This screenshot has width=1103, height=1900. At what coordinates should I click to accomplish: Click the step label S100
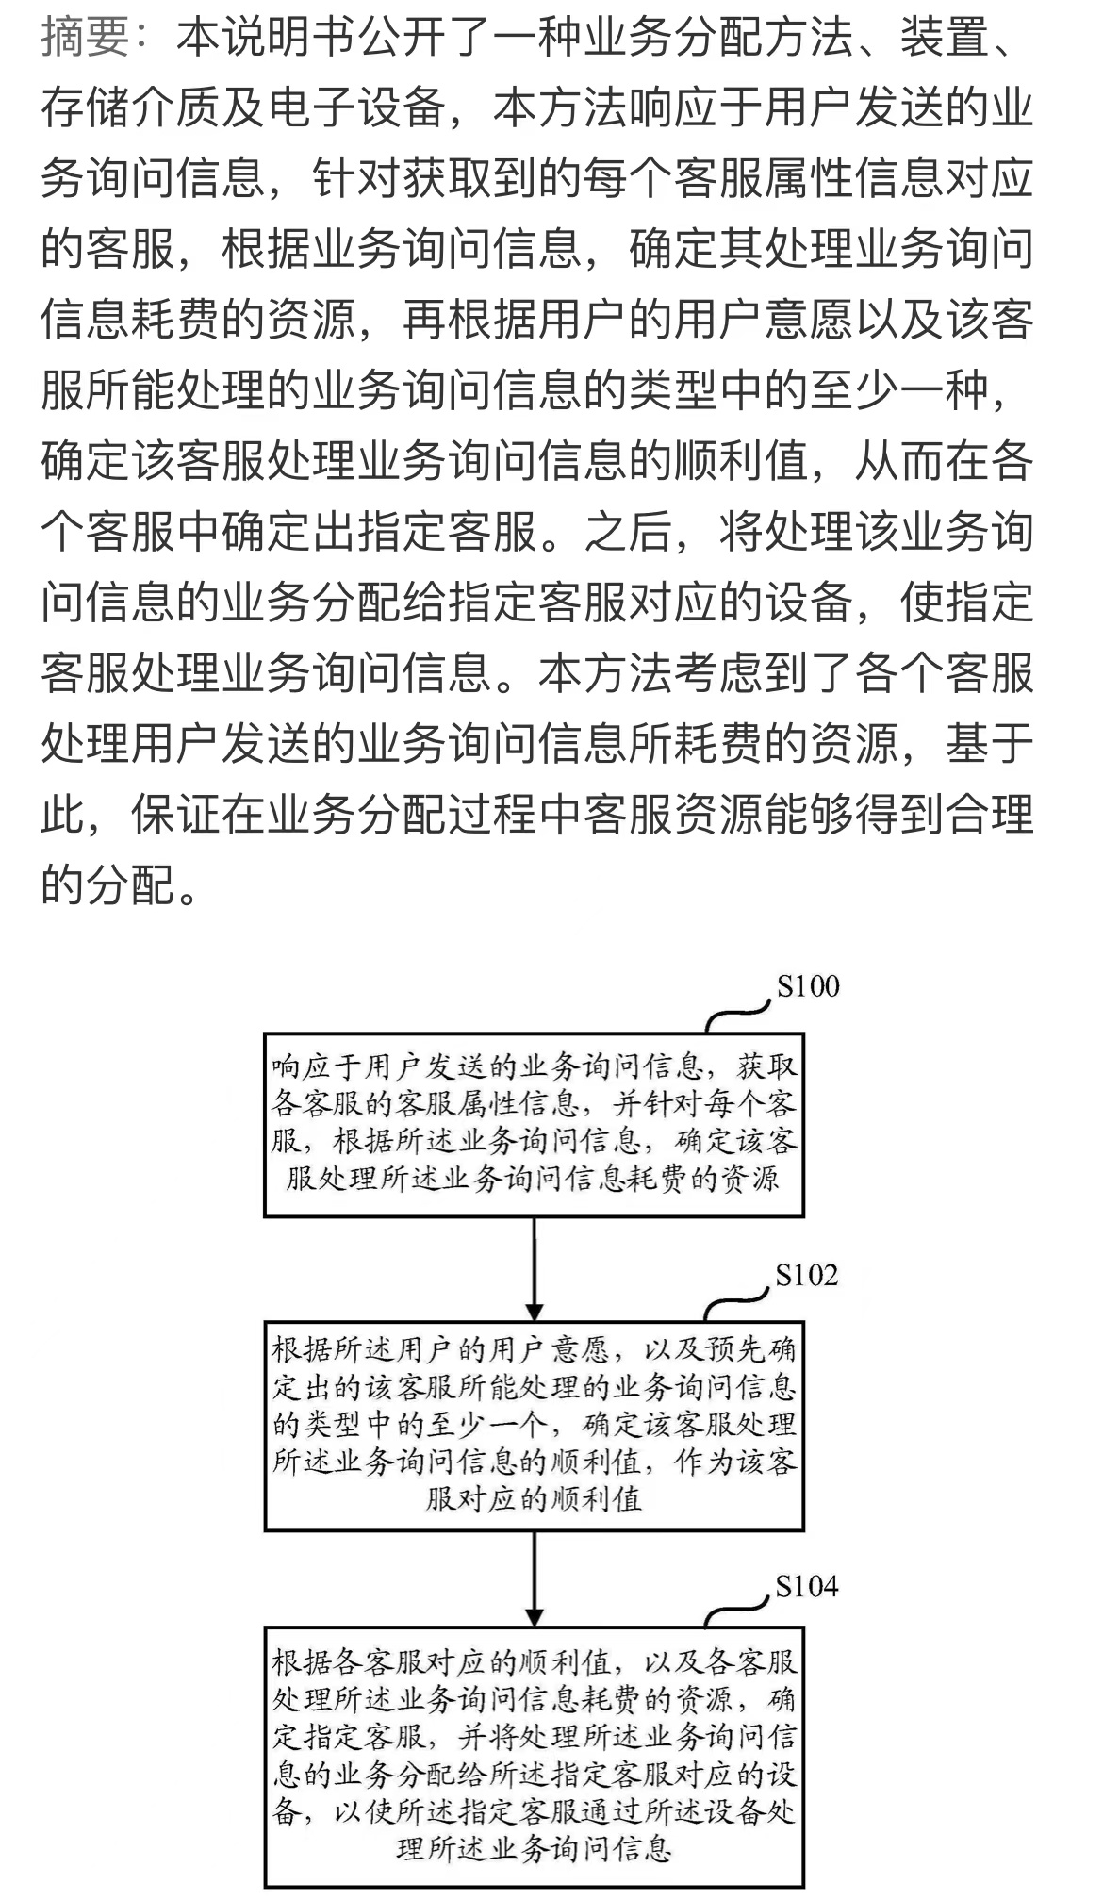(x=807, y=986)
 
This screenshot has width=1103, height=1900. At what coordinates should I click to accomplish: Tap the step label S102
(x=806, y=1275)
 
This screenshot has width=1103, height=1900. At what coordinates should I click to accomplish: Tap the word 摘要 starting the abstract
(x=85, y=38)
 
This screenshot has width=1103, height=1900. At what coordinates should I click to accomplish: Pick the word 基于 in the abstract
(x=990, y=744)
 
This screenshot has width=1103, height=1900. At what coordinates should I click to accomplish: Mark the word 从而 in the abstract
(x=899, y=461)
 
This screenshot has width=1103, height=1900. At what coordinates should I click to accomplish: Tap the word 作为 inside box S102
(x=705, y=1462)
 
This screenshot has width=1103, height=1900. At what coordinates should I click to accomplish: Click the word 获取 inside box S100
(x=767, y=1066)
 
